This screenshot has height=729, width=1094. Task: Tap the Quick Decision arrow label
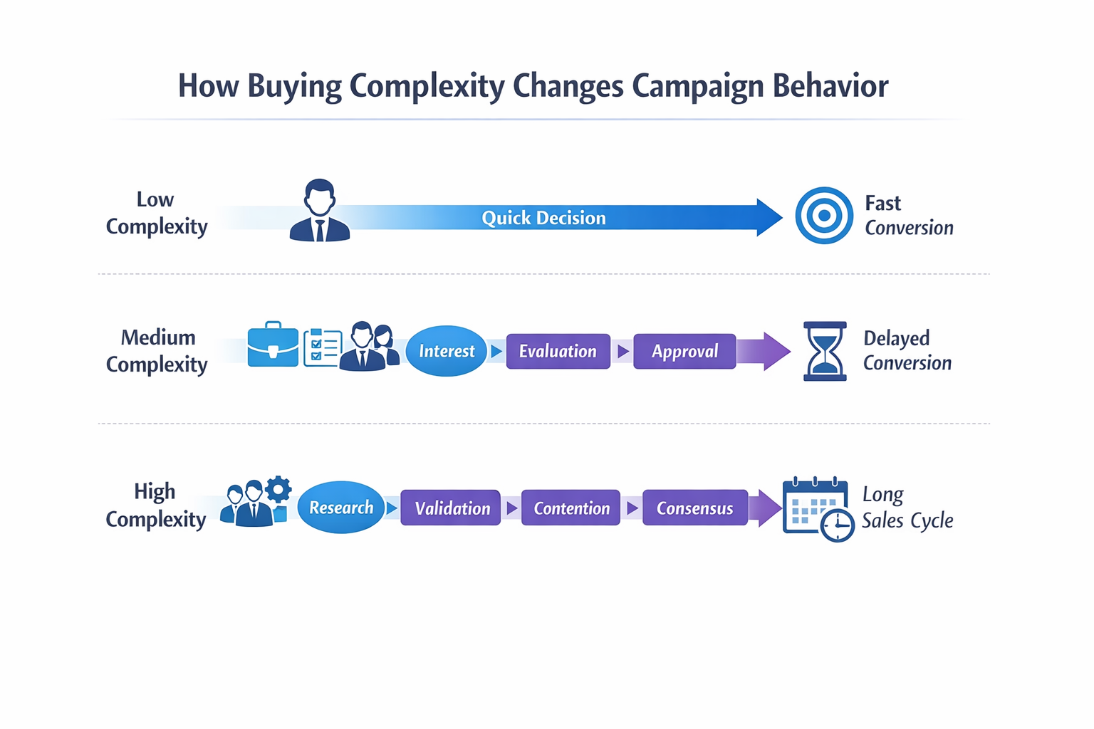(543, 218)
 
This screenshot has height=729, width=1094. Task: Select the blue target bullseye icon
(823, 215)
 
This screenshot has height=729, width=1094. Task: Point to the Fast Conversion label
(908, 215)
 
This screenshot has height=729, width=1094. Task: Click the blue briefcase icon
(273, 345)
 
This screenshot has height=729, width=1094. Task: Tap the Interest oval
(447, 351)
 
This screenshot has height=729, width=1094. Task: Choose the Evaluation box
(558, 351)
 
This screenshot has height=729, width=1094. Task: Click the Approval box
(684, 351)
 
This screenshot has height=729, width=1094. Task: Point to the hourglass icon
(825, 351)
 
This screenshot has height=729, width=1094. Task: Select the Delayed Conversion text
(907, 350)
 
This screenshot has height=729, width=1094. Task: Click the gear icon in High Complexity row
(278, 489)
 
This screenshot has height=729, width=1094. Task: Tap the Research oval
(341, 508)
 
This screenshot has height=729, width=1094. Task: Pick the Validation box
(451, 508)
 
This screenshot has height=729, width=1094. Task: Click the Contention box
(571, 508)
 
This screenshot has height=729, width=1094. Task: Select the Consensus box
(694, 508)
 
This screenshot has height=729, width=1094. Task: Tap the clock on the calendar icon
(837, 525)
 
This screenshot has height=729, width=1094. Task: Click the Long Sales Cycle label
(907, 507)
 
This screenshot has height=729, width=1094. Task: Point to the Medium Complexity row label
(157, 350)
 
